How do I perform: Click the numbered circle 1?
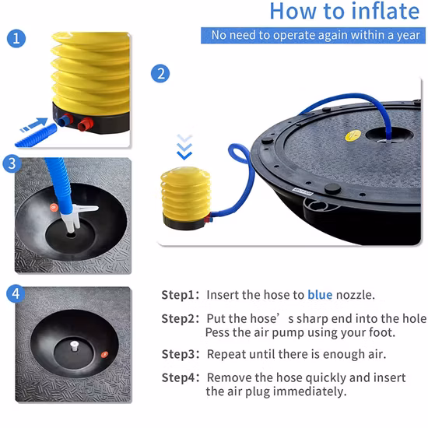click(16, 38)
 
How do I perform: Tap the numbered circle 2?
click(160, 73)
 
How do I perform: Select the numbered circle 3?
click(12, 163)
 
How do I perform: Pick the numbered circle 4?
click(16, 293)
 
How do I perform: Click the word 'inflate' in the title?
click(385, 11)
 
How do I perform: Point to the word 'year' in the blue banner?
click(409, 36)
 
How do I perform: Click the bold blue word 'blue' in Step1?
click(320, 295)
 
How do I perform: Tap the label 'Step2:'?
click(181, 319)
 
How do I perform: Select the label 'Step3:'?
click(181, 354)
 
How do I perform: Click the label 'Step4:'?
click(181, 377)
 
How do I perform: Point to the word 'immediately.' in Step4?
click(310, 391)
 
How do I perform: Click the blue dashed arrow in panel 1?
click(33, 125)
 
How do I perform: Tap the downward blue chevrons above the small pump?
click(184, 147)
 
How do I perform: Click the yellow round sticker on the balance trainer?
click(353, 135)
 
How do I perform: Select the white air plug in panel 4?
click(74, 346)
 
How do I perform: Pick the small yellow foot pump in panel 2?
click(186, 198)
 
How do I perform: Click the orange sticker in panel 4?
click(104, 354)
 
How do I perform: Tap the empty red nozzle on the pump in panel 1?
click(86, 125)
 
